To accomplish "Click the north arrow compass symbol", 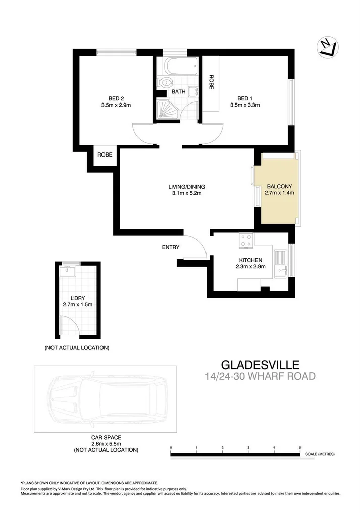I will click(x=328, y=47).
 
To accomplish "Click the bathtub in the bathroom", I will click(x=178, y=66).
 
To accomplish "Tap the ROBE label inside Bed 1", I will click(x=212, y=82).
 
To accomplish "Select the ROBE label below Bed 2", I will click(x=105, y=155).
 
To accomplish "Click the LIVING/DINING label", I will click(x=187, y=186).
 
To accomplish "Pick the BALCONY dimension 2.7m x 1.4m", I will click(x=280, y=192).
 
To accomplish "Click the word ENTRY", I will click(x=171, y=247).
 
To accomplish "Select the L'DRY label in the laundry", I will click(x=77, y=298).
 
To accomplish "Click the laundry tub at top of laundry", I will click(x=67, y=272).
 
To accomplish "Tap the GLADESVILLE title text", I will click(x=261, y=364).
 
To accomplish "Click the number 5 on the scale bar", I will click(x=300, y=448).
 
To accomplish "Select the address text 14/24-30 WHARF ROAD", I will click(x=261, y=376).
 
